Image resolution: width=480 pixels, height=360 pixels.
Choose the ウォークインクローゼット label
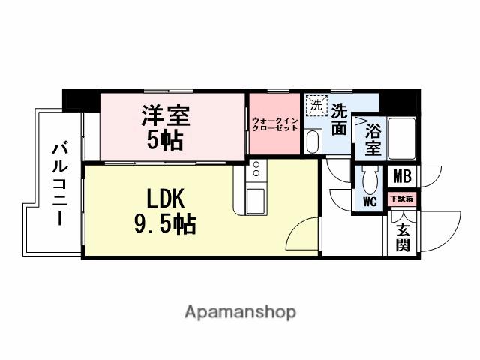[x=274, y=124]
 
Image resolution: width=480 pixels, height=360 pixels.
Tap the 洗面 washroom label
[x=339, y=119]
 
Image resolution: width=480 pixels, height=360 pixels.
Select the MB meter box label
[x=402, y=178]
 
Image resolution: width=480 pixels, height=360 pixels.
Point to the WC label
[x=370, y=201]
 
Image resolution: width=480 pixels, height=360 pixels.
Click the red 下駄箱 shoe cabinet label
[x=402, y=199]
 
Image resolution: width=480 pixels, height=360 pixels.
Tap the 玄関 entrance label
[x=403, y=235]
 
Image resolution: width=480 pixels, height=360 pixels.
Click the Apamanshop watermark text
[x=240, y=311]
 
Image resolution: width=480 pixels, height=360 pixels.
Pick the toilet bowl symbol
[x=369, y=180]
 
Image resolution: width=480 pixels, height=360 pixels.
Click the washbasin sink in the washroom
[x=313, y=142]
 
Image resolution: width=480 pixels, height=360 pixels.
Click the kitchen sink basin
[x=256, y=199]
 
